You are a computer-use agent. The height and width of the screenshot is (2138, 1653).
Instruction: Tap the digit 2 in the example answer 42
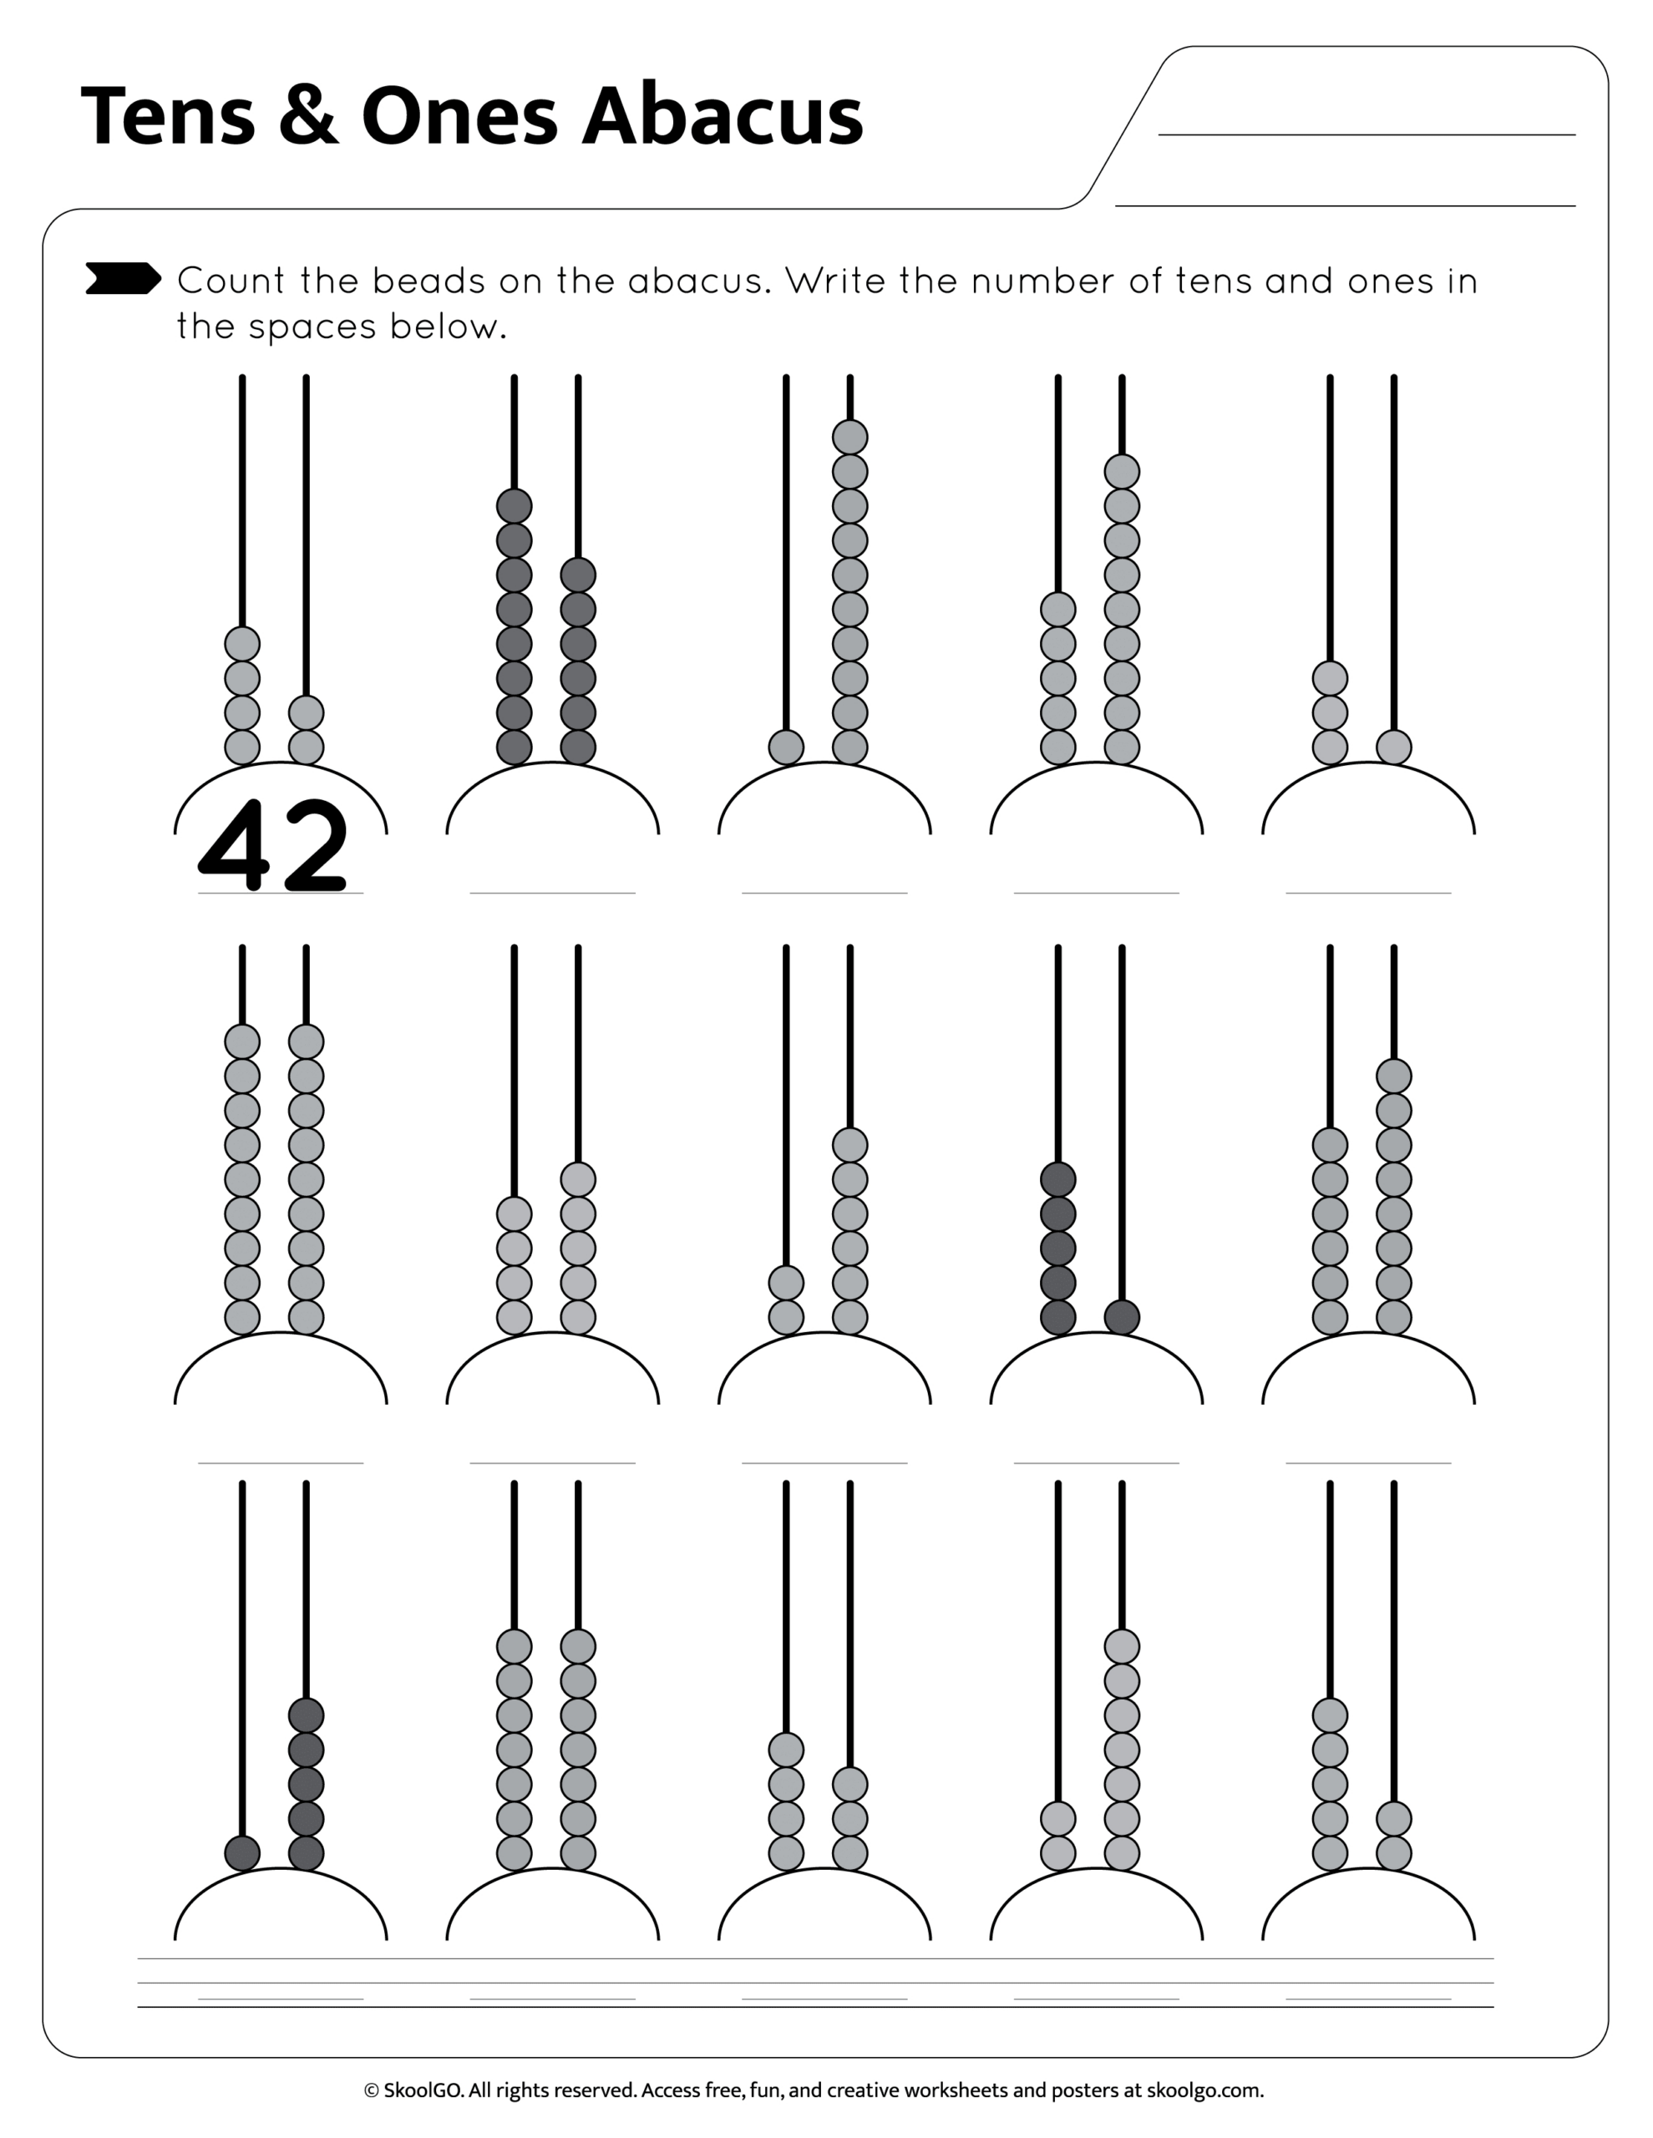pyautogui.click(x=313, y=846)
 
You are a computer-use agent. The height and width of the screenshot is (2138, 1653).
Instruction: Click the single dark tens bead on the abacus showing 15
pyautogui.click(x=242, y=1853)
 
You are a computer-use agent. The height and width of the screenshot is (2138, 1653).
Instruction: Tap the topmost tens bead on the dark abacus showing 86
pyautogui.click(x=515, y=506)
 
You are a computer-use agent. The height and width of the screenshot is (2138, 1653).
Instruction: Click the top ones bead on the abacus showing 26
pyautogui.click(x=850, y=1144)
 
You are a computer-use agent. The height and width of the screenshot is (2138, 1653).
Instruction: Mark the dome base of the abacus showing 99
pyautogui.click(x=280, y=1370)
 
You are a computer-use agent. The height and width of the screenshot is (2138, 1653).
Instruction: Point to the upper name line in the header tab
pyautogui.click(x=1366, y=134)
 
